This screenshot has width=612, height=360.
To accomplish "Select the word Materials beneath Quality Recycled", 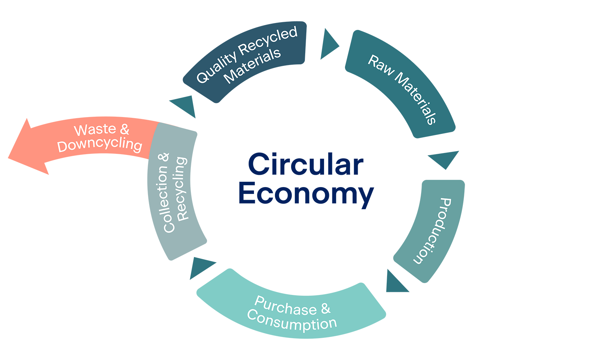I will coord(252,66).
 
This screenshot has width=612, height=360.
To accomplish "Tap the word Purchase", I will coord(285,306).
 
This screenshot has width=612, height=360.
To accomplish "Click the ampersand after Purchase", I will coord(326,308).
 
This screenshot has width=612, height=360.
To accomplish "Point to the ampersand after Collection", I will coord(163,157).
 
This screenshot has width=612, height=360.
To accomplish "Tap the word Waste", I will coord(95,130).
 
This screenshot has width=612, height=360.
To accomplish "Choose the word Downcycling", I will coord(99,145).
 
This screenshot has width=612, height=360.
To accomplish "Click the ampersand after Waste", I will coord(125,129).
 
